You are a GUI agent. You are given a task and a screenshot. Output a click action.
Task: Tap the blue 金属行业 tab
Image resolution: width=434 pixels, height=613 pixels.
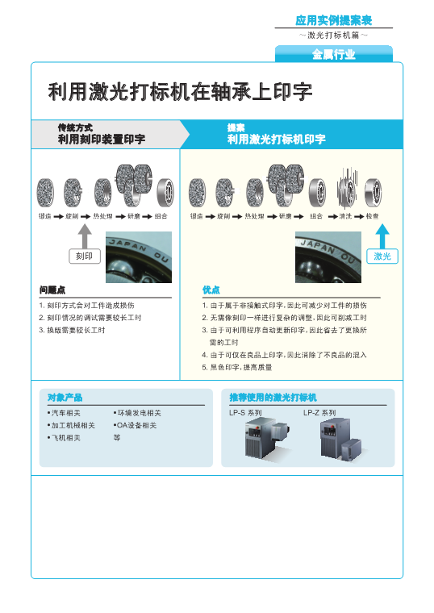point(333,55)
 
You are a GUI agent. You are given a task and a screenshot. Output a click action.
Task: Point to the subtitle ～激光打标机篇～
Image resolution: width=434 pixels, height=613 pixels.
point(333,35)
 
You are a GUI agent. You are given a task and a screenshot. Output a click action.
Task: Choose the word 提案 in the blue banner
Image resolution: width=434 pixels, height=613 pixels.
point(236,127)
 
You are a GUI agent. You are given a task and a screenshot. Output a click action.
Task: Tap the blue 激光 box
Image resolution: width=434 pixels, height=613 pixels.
point(383,256)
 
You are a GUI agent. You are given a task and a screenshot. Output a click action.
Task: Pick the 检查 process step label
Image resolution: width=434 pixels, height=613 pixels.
point(372,216)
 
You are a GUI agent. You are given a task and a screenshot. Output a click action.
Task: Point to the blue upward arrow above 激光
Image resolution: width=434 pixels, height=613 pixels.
point(383,236)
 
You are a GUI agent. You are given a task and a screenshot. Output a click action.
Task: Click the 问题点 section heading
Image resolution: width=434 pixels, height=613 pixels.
point(52,290)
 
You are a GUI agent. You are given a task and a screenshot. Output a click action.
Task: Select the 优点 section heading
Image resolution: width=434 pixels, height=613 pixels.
point(211,290)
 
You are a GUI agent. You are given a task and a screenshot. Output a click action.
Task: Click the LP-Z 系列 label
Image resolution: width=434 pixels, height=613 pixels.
point(319,412)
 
